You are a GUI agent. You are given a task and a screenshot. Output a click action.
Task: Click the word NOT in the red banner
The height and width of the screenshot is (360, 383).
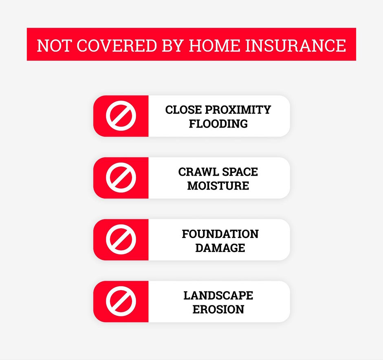pyautogui.click(x=54, y=45)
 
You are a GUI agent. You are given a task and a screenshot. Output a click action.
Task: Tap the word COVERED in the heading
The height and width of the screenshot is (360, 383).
pyautogui.click(x=117, y=45)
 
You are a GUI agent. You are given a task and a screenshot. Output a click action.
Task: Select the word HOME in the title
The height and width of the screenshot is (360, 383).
pyautogui.click(x=215, y=45)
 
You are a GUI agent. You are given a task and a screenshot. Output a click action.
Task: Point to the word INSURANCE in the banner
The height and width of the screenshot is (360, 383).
pyautogui.click(x=295, y=45)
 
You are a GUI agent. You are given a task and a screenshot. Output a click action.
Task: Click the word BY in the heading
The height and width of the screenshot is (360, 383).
pyautogui.click(x=173, y=45)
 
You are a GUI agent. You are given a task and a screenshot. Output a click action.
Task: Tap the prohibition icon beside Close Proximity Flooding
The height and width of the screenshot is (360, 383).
pyautogui.click(x=121, y=116)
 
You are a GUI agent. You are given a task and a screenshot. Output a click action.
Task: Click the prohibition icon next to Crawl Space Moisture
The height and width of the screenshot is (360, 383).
pyautogui.click(x=121, y=177)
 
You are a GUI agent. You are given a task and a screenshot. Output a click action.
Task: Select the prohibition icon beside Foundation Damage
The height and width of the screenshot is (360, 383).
pyautogui.click(x=121, y=239)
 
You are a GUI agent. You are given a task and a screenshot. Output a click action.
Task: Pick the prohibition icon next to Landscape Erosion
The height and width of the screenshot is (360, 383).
pyautogui.click(x=121, y=301)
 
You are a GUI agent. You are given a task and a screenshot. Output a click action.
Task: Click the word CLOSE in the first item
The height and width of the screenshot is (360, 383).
pyautogui.click(x=183, y=110)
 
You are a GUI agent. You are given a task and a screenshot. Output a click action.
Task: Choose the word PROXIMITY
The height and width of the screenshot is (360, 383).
pyautogui.click(x=238, y=110)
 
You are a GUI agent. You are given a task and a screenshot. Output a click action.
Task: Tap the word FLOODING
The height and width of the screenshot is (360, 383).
pyautogui.click(x=218, y=124)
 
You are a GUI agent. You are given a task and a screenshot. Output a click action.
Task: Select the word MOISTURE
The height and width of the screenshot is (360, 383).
pyautogui.click(x=218, y=186)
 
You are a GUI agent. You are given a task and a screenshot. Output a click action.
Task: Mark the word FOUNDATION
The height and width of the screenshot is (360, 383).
pyautogui.click(x=220, y=234)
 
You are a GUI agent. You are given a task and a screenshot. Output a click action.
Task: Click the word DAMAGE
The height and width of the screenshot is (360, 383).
pyautogui.click(x=220, y=248)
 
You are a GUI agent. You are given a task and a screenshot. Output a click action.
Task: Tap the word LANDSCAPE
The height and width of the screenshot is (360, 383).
pyautogui.click(x=218, y=296)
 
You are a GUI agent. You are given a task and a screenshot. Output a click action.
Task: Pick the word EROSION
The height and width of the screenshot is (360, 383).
pyautogui.click(x=218, y=309)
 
